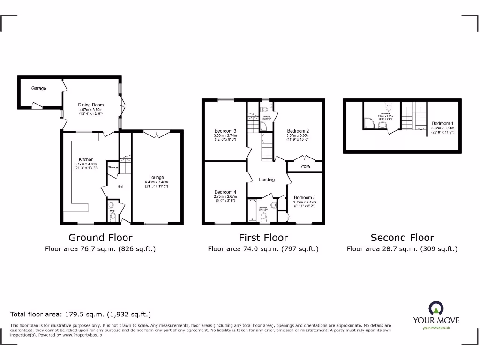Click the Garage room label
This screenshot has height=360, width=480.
(x=39, y=88)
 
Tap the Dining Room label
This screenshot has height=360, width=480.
(x=91, y=105)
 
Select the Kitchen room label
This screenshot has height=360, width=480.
(x=86, y=159)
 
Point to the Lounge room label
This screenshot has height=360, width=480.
(x=157, y=178)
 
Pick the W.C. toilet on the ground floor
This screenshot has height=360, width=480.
(x=112, y=217)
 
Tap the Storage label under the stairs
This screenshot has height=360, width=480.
(x=113, y=167)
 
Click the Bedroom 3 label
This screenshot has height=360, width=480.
(x=225, y=131)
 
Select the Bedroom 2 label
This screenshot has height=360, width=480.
(x=298, y=131)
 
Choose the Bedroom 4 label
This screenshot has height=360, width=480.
(x=225, y=192)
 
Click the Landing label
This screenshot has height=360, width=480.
(x=267, y=180)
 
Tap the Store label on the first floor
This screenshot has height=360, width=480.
(x=305, y=166)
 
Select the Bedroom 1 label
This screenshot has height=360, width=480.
(x=442, y=124)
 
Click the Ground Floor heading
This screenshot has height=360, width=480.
(x=100, y=238)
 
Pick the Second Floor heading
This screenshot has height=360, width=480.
(x=402, y=238)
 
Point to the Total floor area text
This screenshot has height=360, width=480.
(x=81, y=314)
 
